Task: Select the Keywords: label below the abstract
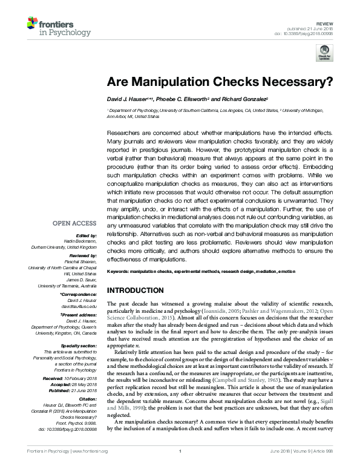coord(120,272)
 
